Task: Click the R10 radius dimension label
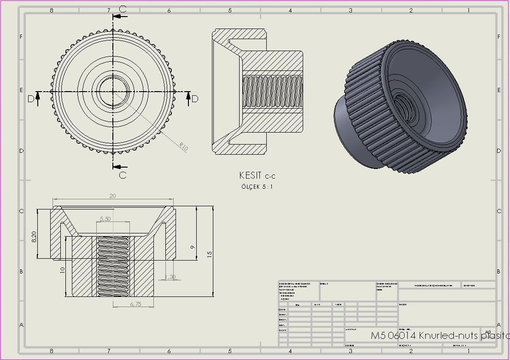tap(184, 147)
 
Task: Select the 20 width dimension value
tap(112, 196)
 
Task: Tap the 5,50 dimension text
tap(105, 219)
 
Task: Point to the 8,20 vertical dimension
tap(34, 237)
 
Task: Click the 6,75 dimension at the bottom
tap(135, 304)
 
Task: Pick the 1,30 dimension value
tap(170, 277)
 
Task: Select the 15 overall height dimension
tap(209, 254)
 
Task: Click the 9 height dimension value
tap(193, 247)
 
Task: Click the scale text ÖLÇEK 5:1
tap(257, 187)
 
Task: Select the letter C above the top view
tap(123, 9)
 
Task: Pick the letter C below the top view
tap(123, 175)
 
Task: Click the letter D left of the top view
tap(31, 99)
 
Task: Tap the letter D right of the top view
tap(195, 99)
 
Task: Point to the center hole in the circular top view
tap(113, 91)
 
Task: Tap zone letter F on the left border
tap(21, 36)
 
